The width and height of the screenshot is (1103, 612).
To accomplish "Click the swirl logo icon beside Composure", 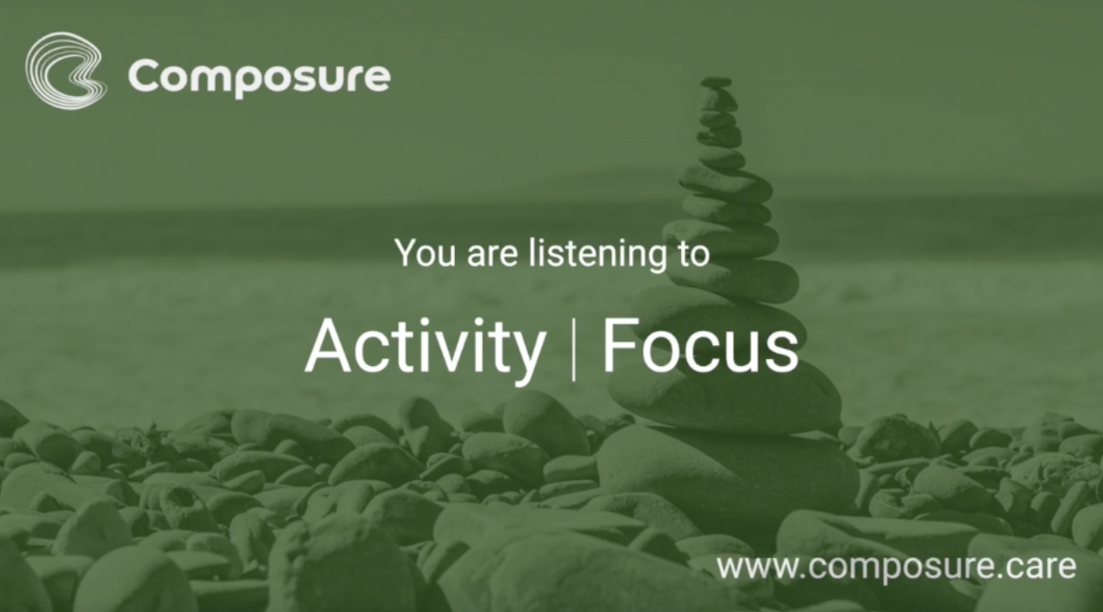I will (65, 70).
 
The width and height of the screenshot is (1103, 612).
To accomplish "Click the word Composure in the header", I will (259, 77).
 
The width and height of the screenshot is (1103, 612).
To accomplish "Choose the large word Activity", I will (424, 347).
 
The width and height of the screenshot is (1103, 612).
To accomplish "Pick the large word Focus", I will (699, 347).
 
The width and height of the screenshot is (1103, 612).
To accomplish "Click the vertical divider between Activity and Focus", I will (573, 348).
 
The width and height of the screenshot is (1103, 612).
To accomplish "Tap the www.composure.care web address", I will (896, 568).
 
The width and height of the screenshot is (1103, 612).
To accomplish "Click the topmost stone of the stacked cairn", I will (716, 83).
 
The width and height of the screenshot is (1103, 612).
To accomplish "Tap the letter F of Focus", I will (620, 345).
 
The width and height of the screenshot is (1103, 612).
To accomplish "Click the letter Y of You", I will (405, 252).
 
